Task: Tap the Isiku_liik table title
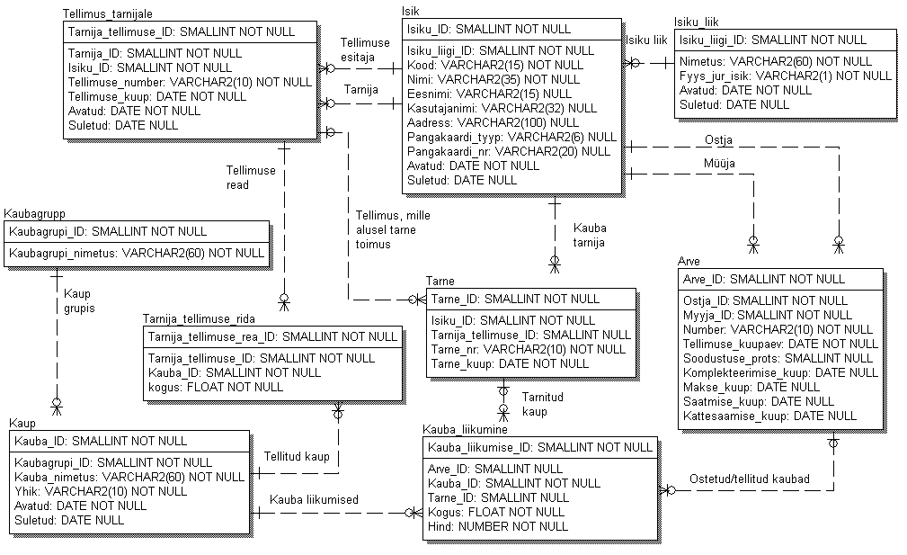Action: (696, 22)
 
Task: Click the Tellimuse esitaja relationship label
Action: (365, 49)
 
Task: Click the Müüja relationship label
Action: (720, 163)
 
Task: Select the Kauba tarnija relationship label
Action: (589, 236)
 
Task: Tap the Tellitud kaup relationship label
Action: (297, 457)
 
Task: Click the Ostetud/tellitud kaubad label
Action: (750, 478)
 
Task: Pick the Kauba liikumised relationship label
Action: (314, 500)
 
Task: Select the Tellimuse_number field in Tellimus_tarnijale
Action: (190, 82)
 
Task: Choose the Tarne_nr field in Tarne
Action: (515, 349)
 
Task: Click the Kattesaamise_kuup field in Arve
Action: (769, 416)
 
